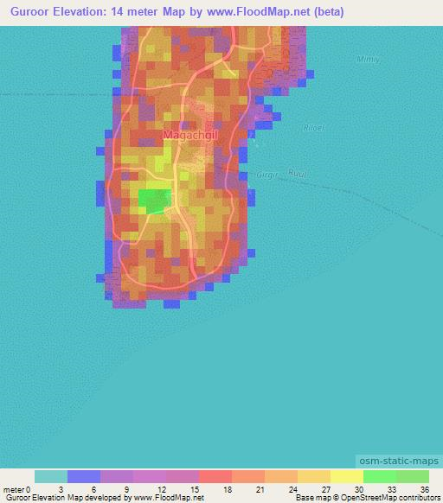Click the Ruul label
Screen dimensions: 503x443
pyautogui.click(x=296, y=172)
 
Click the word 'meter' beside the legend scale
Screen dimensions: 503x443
pyautogui.click(x=16, y=488)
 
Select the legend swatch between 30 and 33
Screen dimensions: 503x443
pyautogui.click(x=379, y=476)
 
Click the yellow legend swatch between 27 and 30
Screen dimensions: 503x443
pyautogui.click(x=346, y=476)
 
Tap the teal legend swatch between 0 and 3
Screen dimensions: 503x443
pyautogui.click(x=51, y=476)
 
